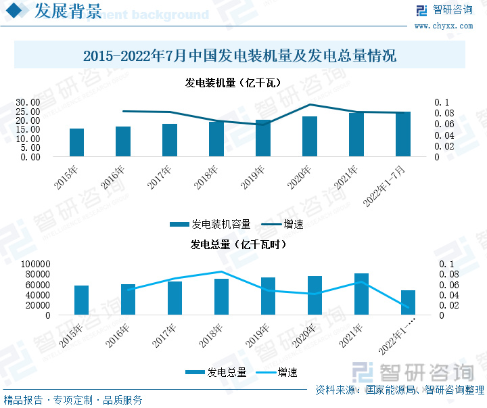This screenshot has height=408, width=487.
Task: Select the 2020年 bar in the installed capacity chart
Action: (309, 137)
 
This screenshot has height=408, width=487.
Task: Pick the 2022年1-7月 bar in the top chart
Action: (402, 135)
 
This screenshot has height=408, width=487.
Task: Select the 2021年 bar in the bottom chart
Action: (361, 294)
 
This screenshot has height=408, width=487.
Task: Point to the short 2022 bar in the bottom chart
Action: (408, 302)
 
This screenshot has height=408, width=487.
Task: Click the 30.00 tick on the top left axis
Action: (28, 102)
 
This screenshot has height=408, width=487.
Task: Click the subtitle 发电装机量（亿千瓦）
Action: (233, 83)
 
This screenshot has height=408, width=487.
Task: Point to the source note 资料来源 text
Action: (399, 390)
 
